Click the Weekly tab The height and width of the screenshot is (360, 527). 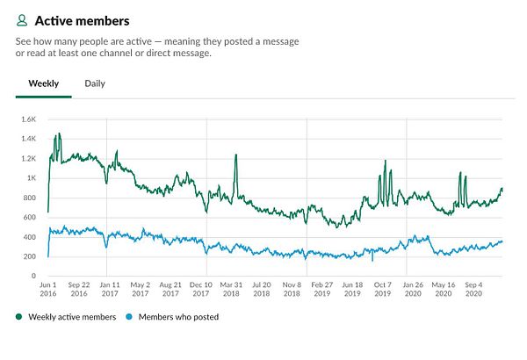coord(44,83)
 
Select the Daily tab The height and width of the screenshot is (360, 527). coord(95,83)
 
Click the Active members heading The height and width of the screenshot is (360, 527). coord(82,19)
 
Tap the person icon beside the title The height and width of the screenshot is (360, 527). coord(22,19)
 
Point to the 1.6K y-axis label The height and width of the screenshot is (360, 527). coord(28,119)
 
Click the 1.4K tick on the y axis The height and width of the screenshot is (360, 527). coord(28,139)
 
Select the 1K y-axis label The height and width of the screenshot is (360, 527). coord(31,178)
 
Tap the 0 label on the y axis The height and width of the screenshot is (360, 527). coord(32,276)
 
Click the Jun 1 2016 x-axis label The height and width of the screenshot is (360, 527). coord(48,290)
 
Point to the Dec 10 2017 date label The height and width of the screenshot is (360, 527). coord(201,290)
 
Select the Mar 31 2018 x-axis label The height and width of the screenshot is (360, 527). coord(232,290)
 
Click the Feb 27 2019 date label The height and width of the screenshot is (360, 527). coord(322,290)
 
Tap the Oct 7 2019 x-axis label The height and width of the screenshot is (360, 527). coord(383,290)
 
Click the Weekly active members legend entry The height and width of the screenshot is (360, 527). coord(72,317)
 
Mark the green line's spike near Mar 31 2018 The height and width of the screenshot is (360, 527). coord(235,155)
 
